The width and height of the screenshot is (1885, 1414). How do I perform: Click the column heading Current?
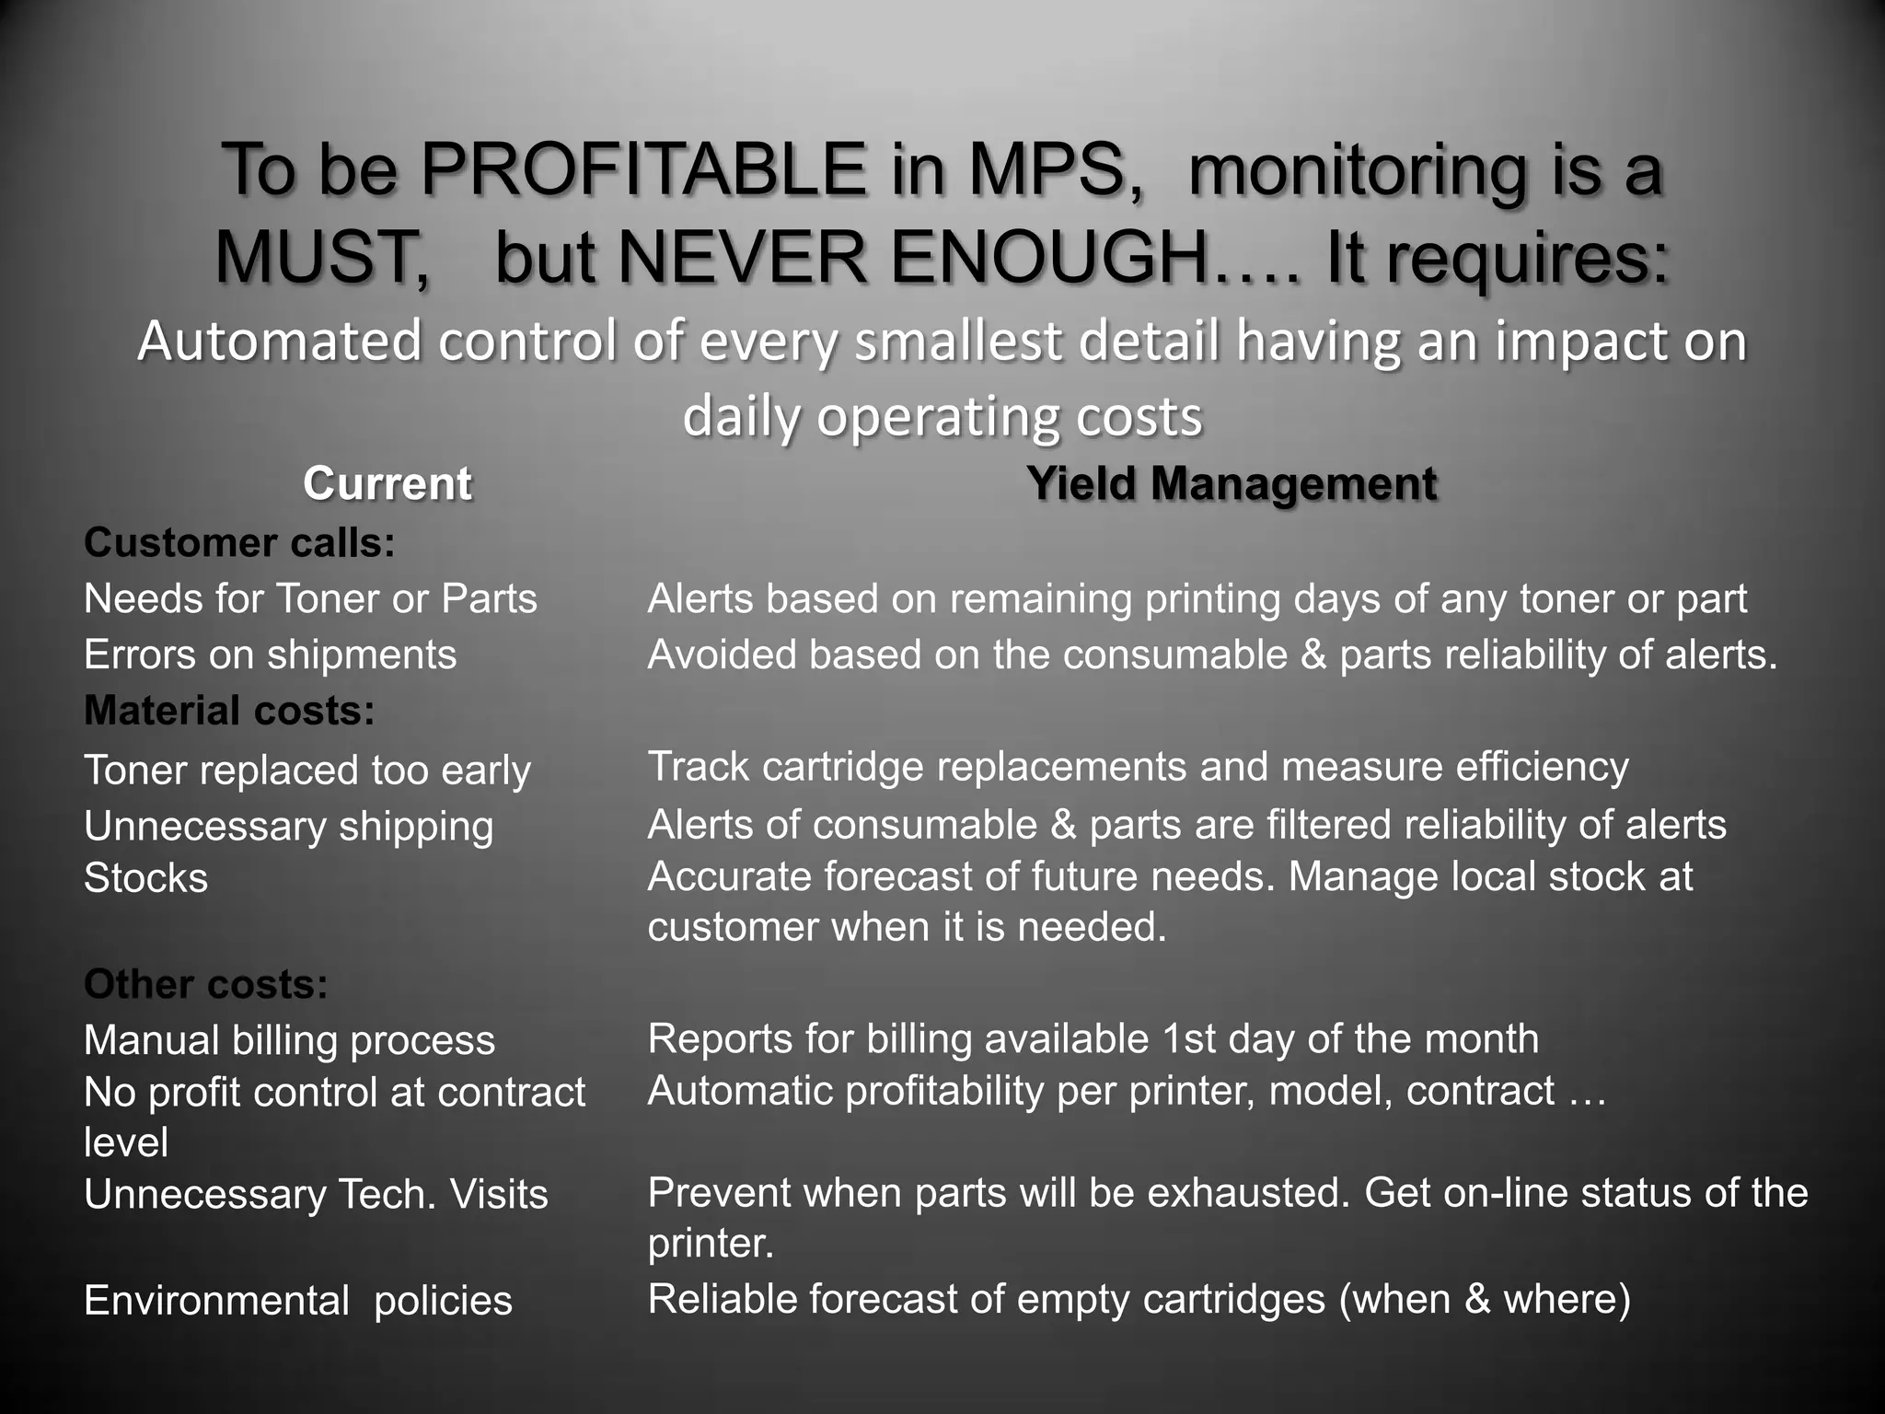(387, 484)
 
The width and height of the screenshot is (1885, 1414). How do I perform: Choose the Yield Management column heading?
(1232, 484)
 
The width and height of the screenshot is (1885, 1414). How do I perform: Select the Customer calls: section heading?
(239, 543)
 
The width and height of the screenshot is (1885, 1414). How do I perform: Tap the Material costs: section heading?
(229, 711)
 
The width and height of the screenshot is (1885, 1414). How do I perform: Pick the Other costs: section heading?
(206, 985)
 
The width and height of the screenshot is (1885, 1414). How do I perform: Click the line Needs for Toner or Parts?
(310, 599)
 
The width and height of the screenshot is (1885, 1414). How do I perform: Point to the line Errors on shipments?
(270, 655)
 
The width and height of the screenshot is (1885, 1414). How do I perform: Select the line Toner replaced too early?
(307, 771)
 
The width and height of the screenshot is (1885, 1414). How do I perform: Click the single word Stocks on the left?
(145, 878)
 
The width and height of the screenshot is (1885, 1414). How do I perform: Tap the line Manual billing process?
(289, 1041)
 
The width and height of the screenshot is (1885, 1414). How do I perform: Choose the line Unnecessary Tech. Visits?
(316, 1195)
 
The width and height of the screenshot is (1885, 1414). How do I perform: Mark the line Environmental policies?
(297, 1302)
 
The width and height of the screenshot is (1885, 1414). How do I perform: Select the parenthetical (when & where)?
(1485, 1300)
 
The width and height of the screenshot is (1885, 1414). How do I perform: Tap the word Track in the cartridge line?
(698, 767)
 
